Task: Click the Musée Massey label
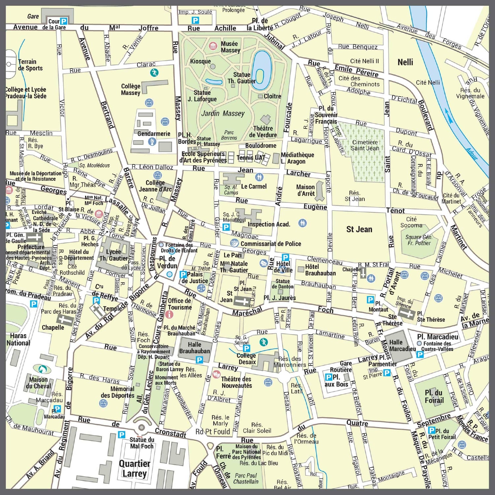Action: pos(230,47)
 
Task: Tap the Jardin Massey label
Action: pos(223,114)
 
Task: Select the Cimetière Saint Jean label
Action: pos(365,145)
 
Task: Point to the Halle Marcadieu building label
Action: pos(402,345)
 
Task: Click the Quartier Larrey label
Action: pos(134,469)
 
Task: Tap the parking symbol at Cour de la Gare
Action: pos(64,21)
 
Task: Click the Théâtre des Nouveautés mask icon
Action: pos(216,374)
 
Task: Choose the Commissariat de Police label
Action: pos(271,244)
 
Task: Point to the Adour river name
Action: pos(472,153)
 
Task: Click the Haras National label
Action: pos(18,339)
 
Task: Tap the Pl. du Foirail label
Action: pos(434,396)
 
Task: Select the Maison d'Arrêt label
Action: pos(305,190)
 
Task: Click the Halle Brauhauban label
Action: pos(194,347)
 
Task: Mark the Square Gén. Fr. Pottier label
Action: pos(419,240)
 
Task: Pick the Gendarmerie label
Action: pos(154,134)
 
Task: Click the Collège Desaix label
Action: pos(247,359)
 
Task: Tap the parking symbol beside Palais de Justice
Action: pos(183,274)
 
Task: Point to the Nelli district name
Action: pos(405,62)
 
